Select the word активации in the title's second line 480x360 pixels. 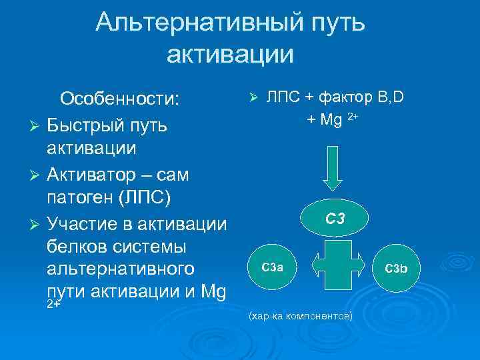tap(230, 53)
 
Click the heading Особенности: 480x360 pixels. tap(120, 99)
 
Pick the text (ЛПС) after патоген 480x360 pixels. tap(155, 198)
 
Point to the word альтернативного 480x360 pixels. tap(121, 270)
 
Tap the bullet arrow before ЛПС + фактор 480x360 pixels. tap(253, 99)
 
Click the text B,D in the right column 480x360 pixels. tap(391, 98)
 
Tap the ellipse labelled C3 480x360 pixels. tap(335, 218)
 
